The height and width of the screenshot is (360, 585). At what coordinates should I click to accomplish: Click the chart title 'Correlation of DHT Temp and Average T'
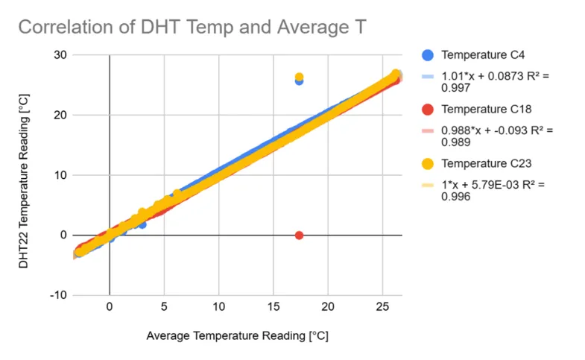191,28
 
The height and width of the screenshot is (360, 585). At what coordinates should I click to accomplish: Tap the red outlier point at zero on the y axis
299,235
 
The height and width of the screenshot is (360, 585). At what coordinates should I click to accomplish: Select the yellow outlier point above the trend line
299,77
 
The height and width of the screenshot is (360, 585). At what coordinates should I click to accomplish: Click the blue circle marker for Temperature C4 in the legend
427,55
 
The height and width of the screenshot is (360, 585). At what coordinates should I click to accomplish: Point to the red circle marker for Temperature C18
427,110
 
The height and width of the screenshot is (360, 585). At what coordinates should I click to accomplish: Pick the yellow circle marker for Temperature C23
427,164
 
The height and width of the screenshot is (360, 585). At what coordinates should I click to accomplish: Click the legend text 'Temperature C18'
484,110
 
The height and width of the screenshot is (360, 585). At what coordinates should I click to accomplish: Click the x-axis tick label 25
382,307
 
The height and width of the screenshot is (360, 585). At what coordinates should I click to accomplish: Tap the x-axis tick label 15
273,307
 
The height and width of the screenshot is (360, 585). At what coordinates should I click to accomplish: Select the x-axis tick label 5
164,307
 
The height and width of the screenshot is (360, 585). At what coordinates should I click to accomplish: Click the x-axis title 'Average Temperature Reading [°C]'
236,336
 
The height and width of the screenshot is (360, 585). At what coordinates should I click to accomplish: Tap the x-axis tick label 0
110,307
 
